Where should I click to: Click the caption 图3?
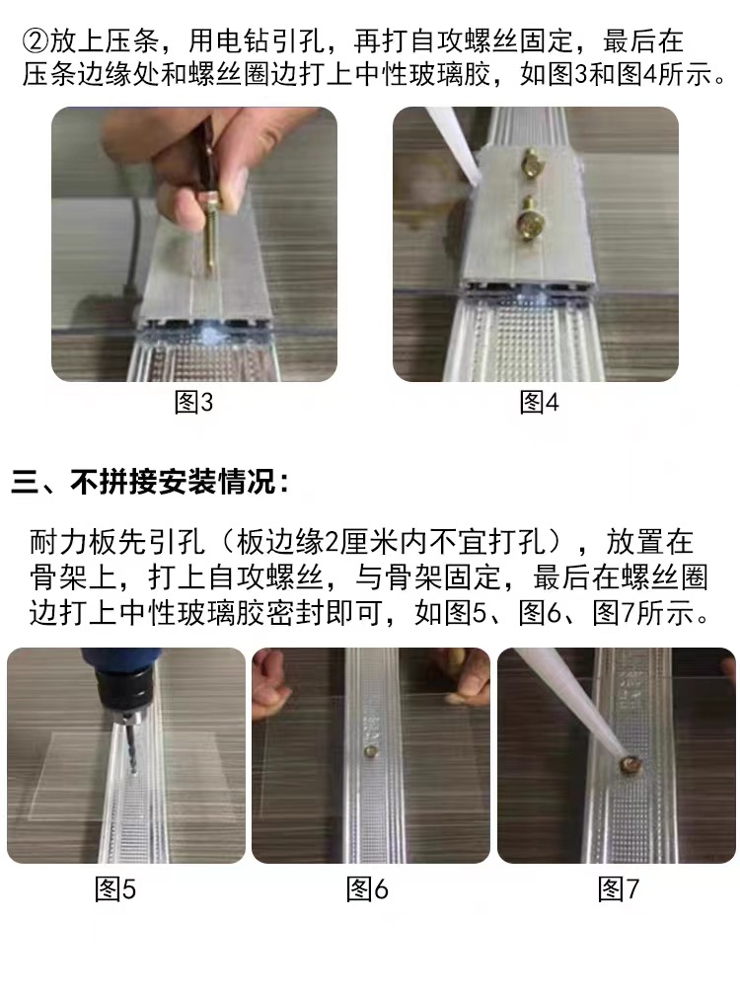pyautogui.click(x=193, y=403)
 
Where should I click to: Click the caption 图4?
pyautogui.click(x=539, y=403)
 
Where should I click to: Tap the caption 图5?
pyautogui.click(x=115, y=889)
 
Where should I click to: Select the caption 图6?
pyautogui.click(x=367, y=889)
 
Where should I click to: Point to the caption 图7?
pyautogui.click(x=619, y=889)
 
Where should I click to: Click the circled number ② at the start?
pyautogui.click(x=35, y=42)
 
